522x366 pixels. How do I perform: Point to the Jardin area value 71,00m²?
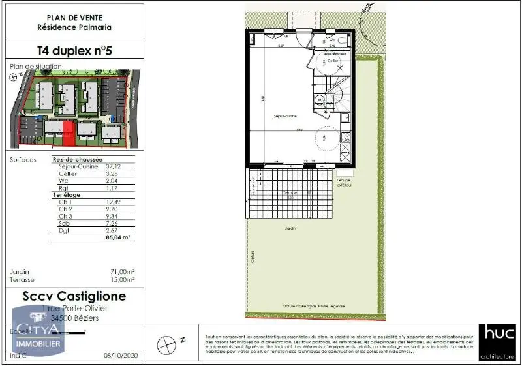[122, 271]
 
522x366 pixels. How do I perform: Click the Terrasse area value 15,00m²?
[122, 279]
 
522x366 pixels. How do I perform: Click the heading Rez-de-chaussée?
[77, 159]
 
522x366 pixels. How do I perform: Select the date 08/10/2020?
[118, 355]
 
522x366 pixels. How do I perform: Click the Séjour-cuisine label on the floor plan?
[285, 116]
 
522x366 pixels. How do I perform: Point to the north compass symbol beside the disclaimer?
[168, 343]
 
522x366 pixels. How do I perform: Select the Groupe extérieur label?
[344, 183]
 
